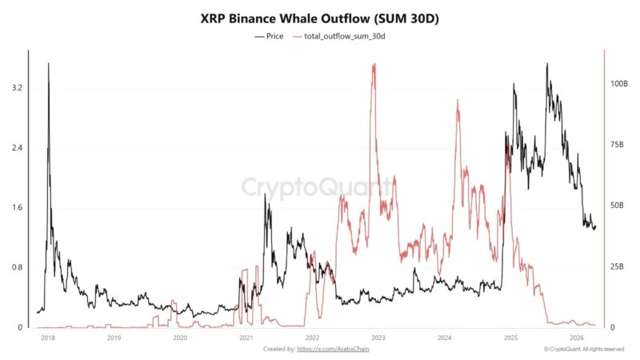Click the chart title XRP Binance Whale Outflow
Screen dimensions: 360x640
[320, 17]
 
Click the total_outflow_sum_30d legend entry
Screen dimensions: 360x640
[343, 37]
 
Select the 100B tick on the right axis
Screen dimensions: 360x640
[618, 84]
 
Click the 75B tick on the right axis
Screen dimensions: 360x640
[617, 145]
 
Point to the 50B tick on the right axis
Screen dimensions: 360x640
[617, 206]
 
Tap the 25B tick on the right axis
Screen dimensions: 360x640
[617, 266]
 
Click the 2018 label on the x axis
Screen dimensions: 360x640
[47, 338]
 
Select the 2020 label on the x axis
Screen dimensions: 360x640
[180, 338]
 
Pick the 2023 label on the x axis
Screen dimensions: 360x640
[378, 338]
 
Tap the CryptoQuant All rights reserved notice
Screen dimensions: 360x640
[583, 349]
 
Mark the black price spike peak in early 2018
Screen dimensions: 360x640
[49, 63]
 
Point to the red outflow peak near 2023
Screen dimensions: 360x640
[374, 65]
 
